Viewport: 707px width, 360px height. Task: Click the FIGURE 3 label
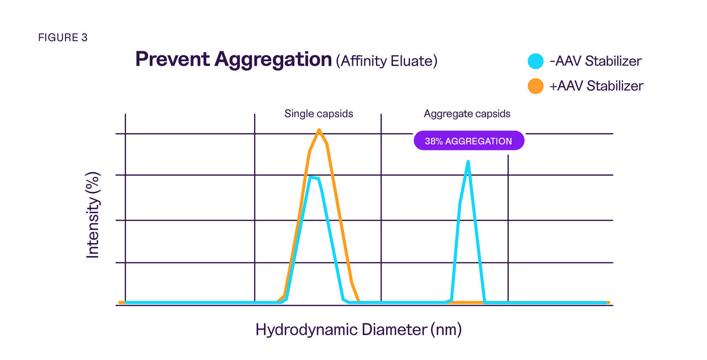pos(62,38)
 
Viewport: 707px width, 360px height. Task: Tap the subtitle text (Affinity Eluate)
pos(387,61)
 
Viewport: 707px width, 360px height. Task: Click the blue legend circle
pos(535,61)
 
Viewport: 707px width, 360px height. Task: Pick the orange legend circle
pos(535,86)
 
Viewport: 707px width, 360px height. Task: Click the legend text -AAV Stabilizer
pos(595,61)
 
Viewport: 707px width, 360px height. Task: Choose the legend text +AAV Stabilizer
pos(597,86)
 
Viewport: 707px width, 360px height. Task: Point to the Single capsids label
pos(319,114)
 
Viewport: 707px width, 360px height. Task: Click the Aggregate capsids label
pos(467,114)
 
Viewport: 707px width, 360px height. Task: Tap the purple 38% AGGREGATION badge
pos(468,141)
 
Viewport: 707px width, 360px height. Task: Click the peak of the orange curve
pos(319,130)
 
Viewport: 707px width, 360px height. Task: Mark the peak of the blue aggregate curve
pos(468,162)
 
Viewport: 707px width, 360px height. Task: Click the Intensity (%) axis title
pos(93,215)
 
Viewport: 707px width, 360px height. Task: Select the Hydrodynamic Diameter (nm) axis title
pos(358,330)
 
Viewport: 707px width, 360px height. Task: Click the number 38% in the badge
pos(434,141)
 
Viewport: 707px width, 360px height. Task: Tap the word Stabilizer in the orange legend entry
pos(615,86)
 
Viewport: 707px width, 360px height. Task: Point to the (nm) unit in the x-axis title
pos(446,330)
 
